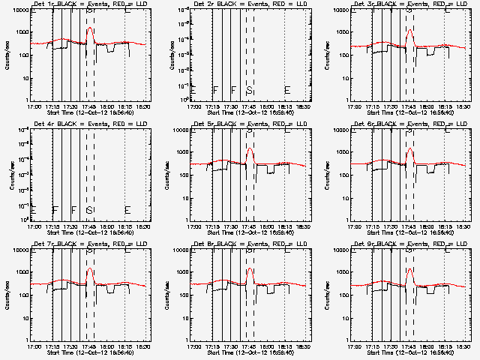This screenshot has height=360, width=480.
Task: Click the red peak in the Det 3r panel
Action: (x=409, y=31)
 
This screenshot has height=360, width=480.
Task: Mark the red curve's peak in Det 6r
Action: (x=409, y=150)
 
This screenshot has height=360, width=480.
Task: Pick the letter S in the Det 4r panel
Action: (x=89, y=210)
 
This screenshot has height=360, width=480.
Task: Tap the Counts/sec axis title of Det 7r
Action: (x=7, y=293)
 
